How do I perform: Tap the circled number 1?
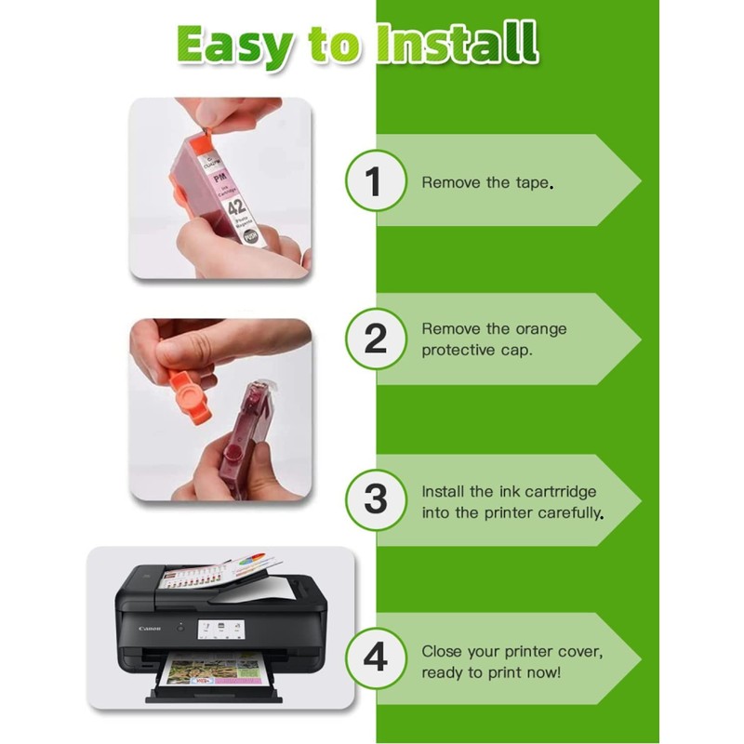coord(375,181)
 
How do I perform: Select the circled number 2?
coord(375,339)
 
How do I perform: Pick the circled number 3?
coord(375,499)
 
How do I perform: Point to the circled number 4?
coord(375,658)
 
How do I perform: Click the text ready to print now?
coord(491,671)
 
